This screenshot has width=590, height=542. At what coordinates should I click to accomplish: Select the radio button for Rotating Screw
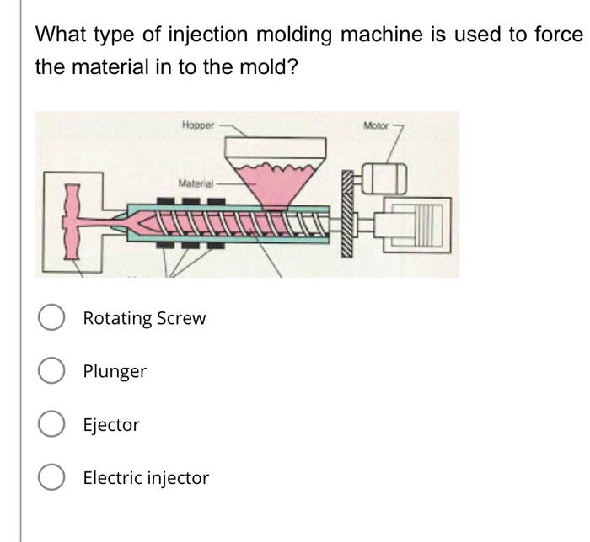click(x=52, y=318)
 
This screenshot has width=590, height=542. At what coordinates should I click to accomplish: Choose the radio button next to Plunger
click(x=52, y=371)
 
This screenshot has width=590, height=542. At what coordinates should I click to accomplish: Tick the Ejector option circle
click(x=52, y=425)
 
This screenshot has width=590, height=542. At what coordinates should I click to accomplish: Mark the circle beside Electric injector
click(x=52, y=478)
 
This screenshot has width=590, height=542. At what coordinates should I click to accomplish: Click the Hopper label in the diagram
click(x=198, y=125)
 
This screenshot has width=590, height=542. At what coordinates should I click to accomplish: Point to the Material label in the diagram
click(x=196, y=183)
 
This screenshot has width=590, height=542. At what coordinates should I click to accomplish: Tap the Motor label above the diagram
click(x=376, y=125)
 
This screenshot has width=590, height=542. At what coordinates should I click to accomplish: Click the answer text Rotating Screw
click(x=144, y=318)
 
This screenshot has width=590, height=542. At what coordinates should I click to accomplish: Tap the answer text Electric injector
click(x=146, y=478)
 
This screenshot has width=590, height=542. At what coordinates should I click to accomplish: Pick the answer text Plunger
click(x=115, y=371)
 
